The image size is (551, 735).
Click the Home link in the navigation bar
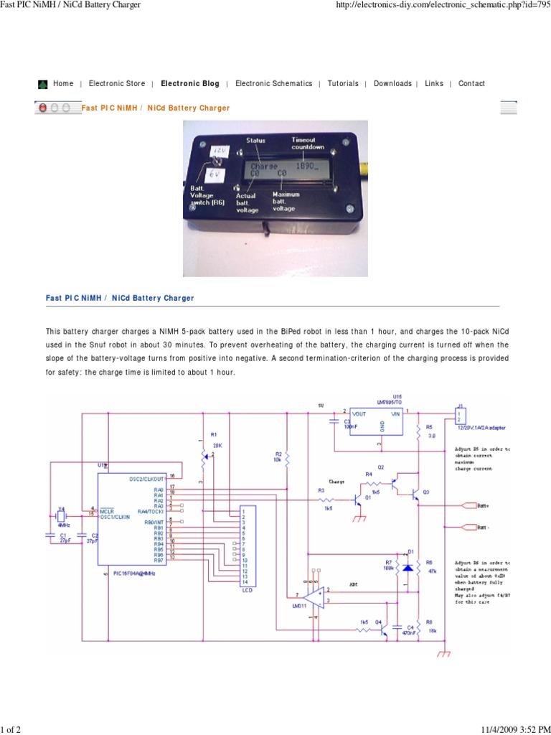point(63,84)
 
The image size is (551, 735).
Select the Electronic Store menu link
point(117,84)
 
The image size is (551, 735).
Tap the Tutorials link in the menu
point(343,84)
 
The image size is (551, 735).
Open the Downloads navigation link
point(392,84)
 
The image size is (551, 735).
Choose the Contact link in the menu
point(471,84)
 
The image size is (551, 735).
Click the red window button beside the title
point(43,108)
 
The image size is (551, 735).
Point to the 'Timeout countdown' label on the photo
point(307,143)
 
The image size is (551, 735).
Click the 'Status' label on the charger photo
point(256,140)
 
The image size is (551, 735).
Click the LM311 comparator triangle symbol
point(314,596)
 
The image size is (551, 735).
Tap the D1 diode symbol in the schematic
point(407,567)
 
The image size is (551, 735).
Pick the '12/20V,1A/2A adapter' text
point(479,428)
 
